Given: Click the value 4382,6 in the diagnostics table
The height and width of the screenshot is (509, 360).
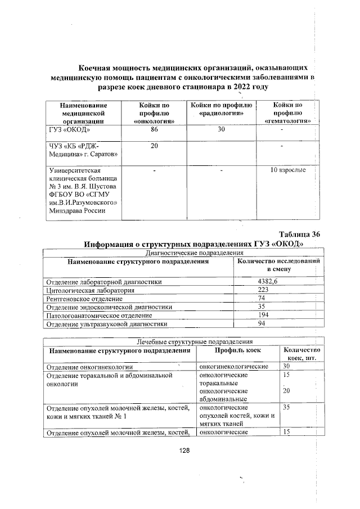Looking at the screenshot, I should click(x=268, y=281).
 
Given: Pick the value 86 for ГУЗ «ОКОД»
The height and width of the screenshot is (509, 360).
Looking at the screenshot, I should click(x=154, y=129).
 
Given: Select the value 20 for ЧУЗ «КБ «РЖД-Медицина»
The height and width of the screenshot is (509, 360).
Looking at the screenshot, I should click(x=154, y=146).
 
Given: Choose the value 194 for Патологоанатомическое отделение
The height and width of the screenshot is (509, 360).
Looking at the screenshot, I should click(x=261, y=315).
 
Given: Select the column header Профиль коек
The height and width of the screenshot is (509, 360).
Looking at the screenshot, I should click(x=238, y=351).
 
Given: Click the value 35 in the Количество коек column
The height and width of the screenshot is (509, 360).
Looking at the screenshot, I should click(x=286, y=407).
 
